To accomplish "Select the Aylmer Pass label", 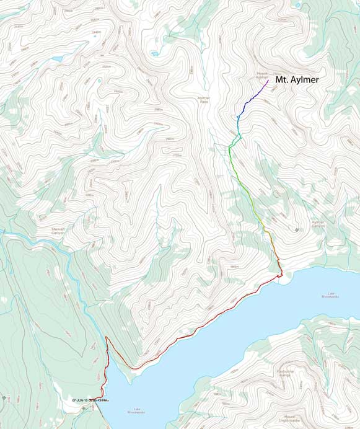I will [x=204, y=99].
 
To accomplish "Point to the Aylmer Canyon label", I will [x=318, y=224].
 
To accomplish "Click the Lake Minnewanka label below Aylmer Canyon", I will [x=330, y=296].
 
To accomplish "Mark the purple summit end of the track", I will [x=268, y=79].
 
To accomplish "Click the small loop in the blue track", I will [x=238, y=117].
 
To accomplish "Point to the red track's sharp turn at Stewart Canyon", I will [x=107, y=338].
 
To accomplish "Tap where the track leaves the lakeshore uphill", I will [x=279, y=275].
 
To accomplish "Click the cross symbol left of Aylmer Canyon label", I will [x=297, y=230].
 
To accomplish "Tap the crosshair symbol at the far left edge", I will [x=4, y=397].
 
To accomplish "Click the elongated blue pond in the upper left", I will [x=57, y=60].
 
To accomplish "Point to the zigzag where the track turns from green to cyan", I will [x=230, y=146].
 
